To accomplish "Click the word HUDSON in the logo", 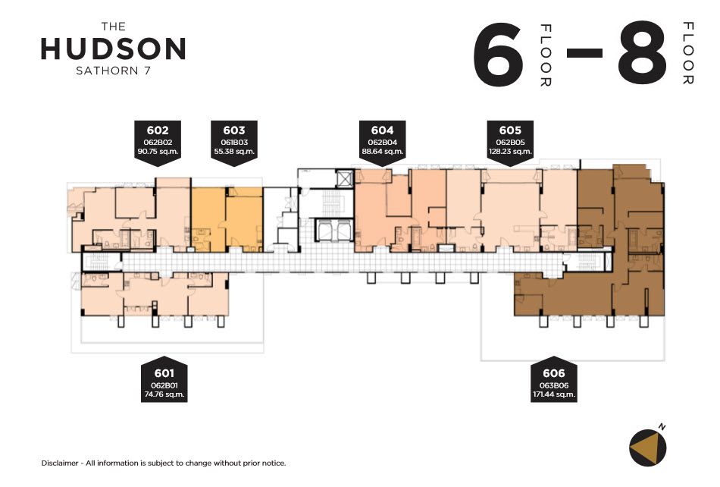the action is pyautogui.click(x=114, y=49).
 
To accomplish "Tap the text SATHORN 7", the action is pyautogui.click(x=114, y=71).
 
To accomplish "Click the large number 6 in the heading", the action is pyautogui.click(x=498, y=53).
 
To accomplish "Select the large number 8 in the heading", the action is pyautogui.click(x=642, y=53).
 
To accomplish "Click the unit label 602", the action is pyautogui.click(x=158, y=130).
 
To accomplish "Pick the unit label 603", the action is pyautogui.click(x=234, y=130).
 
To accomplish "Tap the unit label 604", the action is pyautogui.click(x=382, y=130).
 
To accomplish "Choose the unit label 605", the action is pyautogui.click(x=510, y=130).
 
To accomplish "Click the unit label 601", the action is pyautogui.click(x=164, y=373).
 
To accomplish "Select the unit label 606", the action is pyautogui.click(x=554, y=373).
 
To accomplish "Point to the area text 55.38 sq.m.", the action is pyautogui.click(x=234, y=151).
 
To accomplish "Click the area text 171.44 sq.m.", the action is pyautogui.click(x=554, y=394).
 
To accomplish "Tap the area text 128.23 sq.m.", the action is pyautogui.click(x=510, y=151).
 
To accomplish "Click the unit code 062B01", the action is pyautogui.click(x=164, y=385).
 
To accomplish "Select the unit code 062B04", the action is pyautogui.click(x=382, y=143).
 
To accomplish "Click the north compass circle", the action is pyautogui.click(x=647, y=448).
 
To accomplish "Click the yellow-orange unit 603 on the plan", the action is pyautogui.click(x=227, y=220).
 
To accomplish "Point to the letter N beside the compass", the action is pyautogui.click(x=662, y=427).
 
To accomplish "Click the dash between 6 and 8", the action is pyautogui.click(x=584, y=53).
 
